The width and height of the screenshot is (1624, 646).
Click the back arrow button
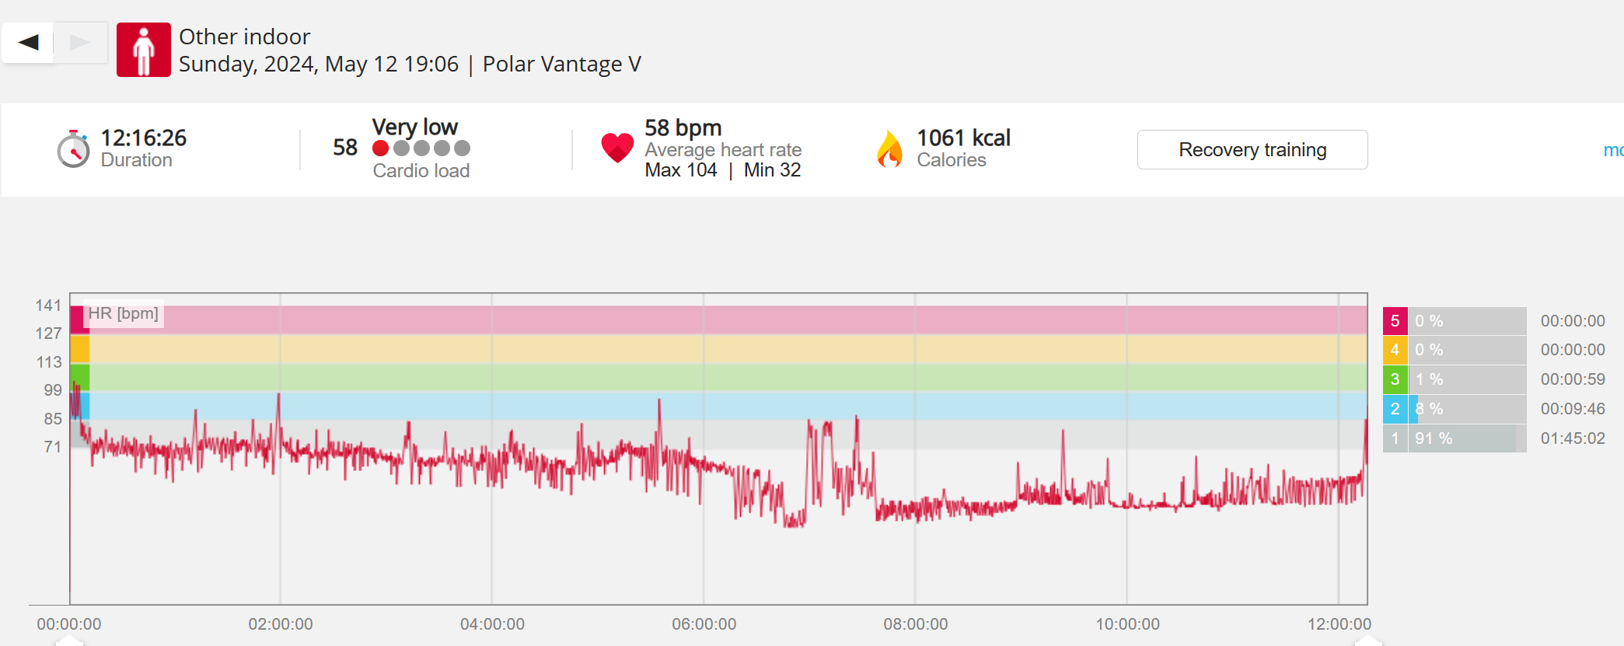pos(29,42)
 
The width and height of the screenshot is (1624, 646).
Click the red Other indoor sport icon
pos(144,50)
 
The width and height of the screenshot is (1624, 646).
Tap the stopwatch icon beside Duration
pos(73,148)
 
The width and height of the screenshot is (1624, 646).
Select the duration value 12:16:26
pos(144,138)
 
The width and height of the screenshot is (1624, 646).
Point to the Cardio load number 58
pos(344,147)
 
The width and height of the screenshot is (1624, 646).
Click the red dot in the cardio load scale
pos(381,148)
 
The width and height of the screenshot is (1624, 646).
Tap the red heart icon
pos(617,148)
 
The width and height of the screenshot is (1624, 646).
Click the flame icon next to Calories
pos(890,148)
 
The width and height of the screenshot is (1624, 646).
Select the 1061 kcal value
pos(963,138)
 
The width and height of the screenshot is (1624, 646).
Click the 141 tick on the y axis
pos(48,306)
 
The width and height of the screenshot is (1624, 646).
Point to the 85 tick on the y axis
pos(52,419)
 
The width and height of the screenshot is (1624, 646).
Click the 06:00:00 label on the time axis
pos(704,624)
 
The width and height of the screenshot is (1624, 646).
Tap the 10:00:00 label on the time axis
pos(1127,624)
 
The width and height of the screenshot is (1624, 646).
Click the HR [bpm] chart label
pos(123,313)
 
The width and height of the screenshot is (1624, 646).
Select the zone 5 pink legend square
pos(1395,321)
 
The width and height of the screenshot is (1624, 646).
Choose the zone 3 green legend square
pos(1395,379)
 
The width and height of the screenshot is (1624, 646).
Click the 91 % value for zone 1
pos(1433,438)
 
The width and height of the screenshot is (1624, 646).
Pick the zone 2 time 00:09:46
pos(1572,409)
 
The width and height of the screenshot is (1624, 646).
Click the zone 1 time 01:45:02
pos(1572,438)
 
